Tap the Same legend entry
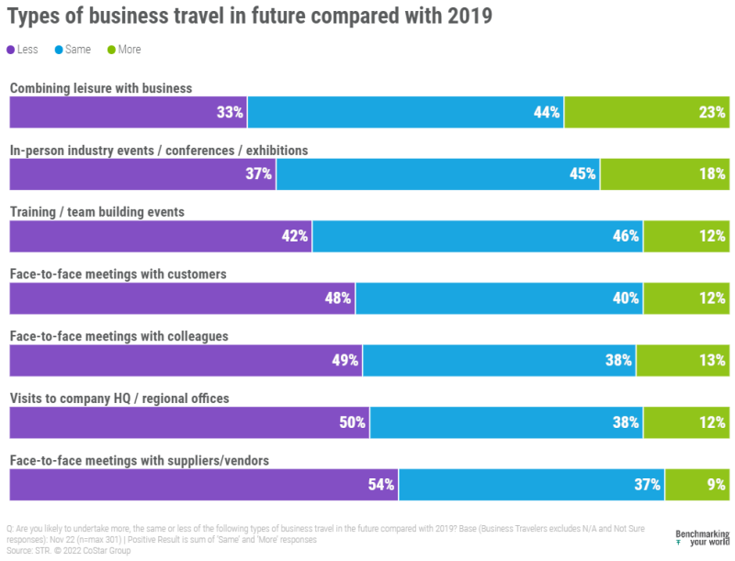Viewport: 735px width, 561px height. tap(72, 50)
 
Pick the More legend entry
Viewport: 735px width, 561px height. tap(122, 50)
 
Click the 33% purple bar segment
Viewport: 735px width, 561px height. tap(128, 112)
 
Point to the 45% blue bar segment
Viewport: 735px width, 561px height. tap(438, 174)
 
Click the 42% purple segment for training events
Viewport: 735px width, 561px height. tap(161, 236)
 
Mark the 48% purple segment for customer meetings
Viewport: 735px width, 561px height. tap(182, 297)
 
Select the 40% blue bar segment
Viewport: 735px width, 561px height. tap(499, 297)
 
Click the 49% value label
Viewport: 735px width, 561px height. tap(345, 360)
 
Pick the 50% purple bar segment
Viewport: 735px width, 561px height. tap(189, 422)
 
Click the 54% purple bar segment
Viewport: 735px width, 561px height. tap(203, 484)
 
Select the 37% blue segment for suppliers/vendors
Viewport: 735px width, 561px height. tap(531, 484)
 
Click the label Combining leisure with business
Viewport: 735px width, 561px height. tap(101, 88)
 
